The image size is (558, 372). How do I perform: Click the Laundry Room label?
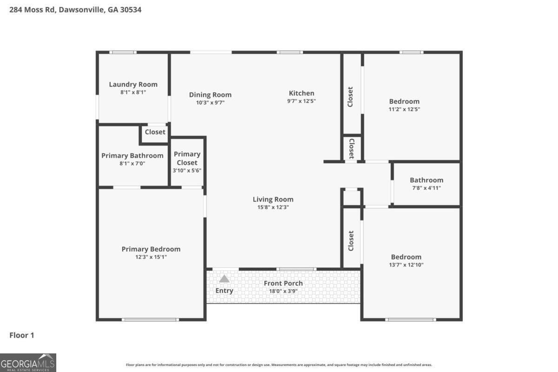click(133, 84)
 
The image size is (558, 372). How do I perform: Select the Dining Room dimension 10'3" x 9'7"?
click(210, 103)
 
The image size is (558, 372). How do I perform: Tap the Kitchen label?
click(301, 93)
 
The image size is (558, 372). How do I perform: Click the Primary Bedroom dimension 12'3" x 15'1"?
click(151, 257)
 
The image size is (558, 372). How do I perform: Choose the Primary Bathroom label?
click(132, 155)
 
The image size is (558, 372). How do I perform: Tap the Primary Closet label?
click(187, 158)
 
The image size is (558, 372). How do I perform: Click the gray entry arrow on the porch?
click(224, 279)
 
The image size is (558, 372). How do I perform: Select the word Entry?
click(224, 291)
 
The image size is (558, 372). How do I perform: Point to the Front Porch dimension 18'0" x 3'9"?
click(283, 291)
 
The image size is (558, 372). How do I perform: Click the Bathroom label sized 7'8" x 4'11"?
click(426, 180)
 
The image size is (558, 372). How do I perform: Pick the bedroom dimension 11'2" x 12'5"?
click(404, 109)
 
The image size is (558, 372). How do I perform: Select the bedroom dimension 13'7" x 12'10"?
click(406, 265)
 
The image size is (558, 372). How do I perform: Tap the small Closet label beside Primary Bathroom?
click(155, 132)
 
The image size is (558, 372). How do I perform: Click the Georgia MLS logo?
click(28, 362)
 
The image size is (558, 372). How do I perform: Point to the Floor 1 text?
click(22, 335)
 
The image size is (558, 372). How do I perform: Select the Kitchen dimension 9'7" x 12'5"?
click(301, 101)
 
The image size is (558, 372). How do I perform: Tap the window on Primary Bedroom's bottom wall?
click(150, 319)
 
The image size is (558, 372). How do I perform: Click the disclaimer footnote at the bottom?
click(279, 365)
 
